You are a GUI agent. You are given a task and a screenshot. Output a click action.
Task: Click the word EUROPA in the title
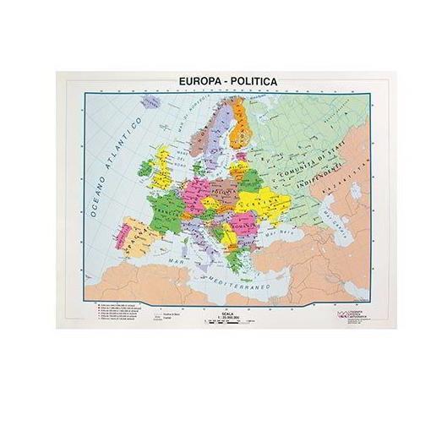pyautogui.click(x=199, y=82)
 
